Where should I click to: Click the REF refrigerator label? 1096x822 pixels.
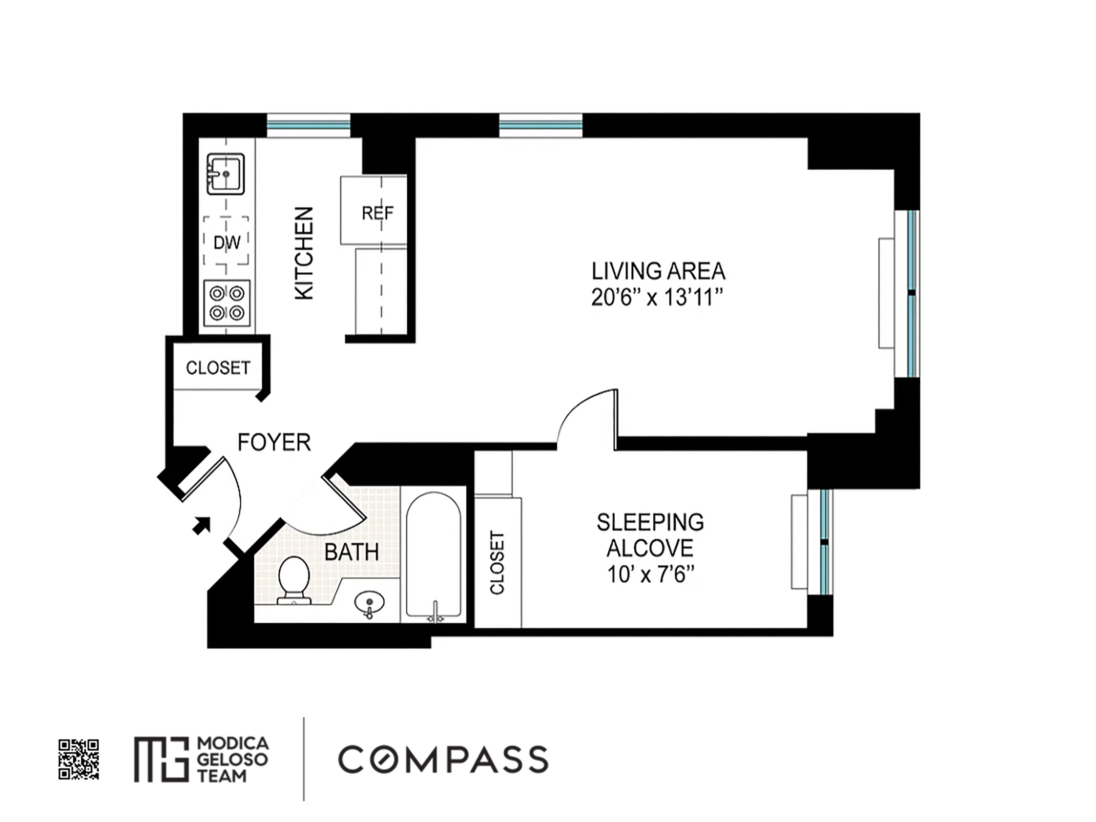point(378,213)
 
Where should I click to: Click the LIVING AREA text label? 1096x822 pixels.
point(658,271)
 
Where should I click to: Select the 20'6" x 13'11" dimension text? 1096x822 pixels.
point(657,298)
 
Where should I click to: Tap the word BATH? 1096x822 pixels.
point(352,552)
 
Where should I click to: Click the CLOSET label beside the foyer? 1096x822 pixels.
point(218,368)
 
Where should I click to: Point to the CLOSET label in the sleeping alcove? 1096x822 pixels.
point(497,563)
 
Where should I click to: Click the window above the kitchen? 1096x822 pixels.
point(308,125)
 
